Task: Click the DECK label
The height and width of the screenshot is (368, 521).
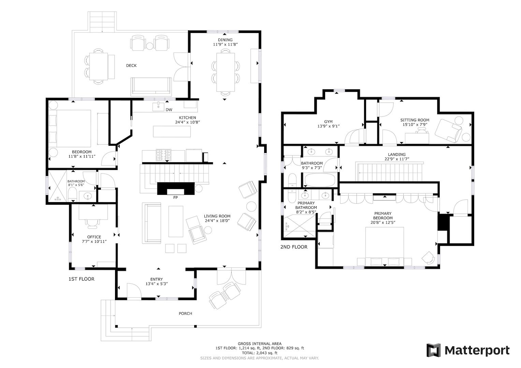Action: tap(131, 65)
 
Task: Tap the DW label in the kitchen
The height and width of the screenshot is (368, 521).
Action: tap(169, 110)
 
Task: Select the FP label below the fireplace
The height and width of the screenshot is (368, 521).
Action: tap(176, 198)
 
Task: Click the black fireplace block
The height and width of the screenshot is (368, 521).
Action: tap(176, 188)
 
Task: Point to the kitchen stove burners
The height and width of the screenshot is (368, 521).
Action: tap(163, 155)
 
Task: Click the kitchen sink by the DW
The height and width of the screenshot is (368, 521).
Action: tap(158, 106)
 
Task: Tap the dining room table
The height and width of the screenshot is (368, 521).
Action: tap(226, 72)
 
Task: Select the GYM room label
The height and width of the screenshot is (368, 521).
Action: tap(328, 122)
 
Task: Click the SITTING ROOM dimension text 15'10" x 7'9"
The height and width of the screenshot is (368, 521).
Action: tap(415, 124)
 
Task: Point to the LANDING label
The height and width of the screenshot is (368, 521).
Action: tap(396, 154)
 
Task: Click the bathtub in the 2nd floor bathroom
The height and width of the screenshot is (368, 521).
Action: tap(320, 180)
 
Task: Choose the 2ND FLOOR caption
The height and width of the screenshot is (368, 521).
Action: tap(294, 247)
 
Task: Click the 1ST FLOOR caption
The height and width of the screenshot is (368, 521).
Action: tap(82, 279)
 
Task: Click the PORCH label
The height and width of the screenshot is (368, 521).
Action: tap(185, 313)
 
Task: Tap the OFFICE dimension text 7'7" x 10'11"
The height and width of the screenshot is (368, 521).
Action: tap(94, 241)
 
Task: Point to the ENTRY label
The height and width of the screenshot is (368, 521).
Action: tap(157, 279)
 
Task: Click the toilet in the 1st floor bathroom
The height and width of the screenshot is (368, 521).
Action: tap(72, 195)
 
